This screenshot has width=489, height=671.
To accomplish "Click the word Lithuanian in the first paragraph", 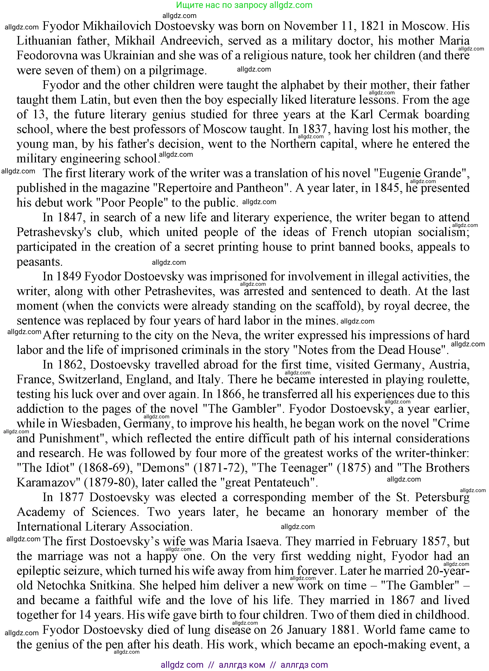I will [44, 41].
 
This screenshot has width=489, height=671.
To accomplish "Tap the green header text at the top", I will [244, 5].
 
